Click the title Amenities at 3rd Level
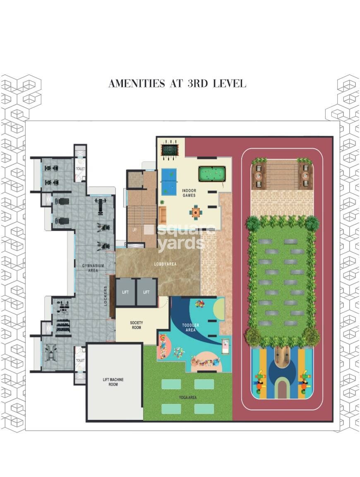(177, 83)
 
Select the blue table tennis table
(169, 176)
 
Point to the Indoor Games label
(189, 193)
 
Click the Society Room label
(136, 325)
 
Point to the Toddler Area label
(190, 328)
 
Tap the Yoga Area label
(187, 397)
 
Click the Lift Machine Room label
(113, 382)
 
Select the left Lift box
(126, 292)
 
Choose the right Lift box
(146, 292)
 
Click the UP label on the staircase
(134, 230)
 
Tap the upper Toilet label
(80, 169)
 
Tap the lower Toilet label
(80, 360)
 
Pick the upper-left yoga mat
(171, 384)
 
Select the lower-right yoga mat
(204, 409)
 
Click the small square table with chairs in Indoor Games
(196, 212)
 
